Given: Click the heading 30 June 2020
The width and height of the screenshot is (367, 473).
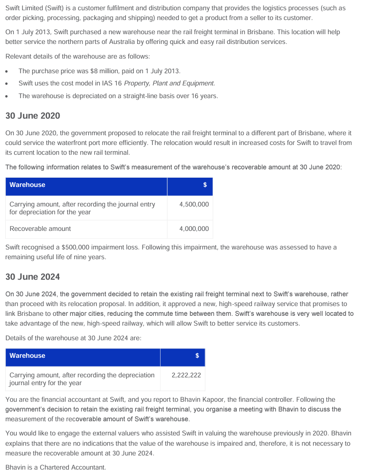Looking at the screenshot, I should tap(32, 116).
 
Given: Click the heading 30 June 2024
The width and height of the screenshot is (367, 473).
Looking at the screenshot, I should tap(32, 277).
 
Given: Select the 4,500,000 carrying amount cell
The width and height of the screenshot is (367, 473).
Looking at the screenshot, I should tap(194, 205).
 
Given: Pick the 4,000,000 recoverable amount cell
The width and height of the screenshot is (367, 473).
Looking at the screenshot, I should tap(194, 228).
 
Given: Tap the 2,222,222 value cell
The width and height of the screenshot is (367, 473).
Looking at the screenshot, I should tap(186, 375).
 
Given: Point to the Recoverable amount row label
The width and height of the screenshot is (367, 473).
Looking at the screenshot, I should tap(40, 228).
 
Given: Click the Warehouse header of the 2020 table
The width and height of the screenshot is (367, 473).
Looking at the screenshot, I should tap(27, 185).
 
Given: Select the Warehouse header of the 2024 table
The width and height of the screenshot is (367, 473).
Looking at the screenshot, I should tap(27, 355).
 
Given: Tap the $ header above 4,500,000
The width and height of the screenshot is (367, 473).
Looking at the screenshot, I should tap(205, 185).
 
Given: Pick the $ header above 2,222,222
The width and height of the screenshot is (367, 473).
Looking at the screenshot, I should tap(197, 355).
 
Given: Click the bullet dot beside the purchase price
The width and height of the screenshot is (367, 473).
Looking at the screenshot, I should tap(8, 71).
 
